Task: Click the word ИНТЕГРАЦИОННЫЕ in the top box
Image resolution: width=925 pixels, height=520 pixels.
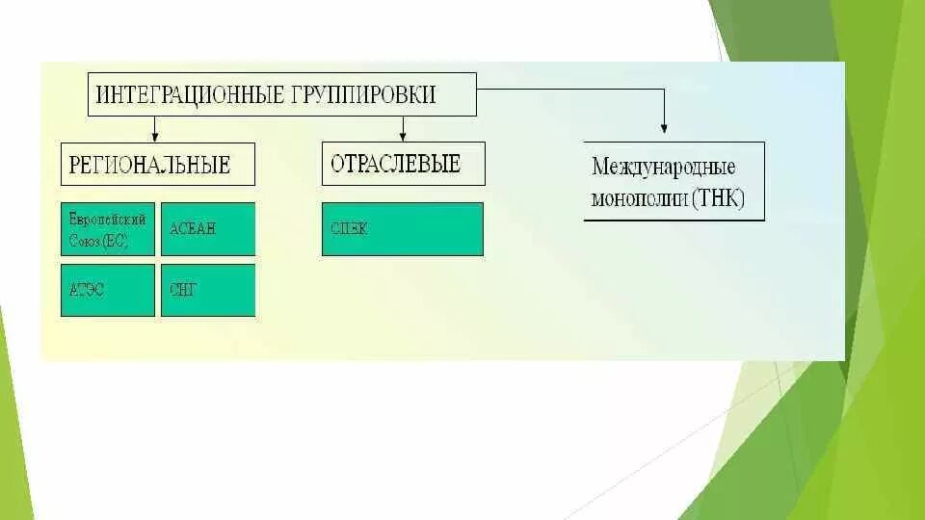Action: click(x=188, y=94)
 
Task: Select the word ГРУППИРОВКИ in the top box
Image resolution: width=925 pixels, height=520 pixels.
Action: click(x=363, y=94)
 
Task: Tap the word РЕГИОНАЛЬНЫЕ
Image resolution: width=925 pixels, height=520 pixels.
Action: click(x=149, y=165)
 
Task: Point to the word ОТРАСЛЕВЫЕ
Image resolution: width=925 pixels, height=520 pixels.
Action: click(x=395, y=164)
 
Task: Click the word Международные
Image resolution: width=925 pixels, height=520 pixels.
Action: click(x=663, y=168)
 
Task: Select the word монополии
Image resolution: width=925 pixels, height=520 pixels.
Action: click(x=640, y=199)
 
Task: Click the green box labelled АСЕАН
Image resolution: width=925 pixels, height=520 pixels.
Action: click(x=208, y=228)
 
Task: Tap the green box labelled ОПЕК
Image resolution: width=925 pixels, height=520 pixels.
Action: click(x=403, y=229)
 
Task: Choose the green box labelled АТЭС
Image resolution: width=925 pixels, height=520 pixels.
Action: click(x=107, y=290)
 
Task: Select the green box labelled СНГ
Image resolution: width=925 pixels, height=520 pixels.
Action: click(x=208, y=290)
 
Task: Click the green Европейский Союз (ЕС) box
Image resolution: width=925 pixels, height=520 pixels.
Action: click(x=107, y=229)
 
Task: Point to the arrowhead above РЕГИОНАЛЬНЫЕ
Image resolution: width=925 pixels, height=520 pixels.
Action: click(x=154, y=136)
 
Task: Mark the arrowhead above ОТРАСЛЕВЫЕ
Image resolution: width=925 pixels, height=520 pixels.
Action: click(x=403, y=136)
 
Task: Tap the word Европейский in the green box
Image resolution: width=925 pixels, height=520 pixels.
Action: click(x=107, y=221)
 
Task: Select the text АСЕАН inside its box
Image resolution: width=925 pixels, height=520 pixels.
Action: click(x=193, y=229)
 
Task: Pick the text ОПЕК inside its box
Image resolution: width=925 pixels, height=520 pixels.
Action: click(x=349, y=229)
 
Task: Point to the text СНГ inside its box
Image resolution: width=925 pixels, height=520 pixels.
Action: click(x=183, y=289)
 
